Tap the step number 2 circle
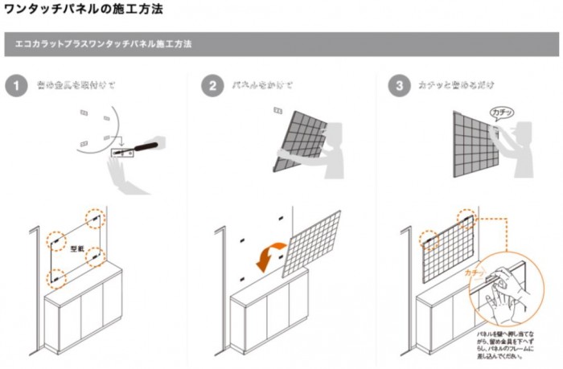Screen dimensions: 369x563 pyautogui.click(x=212, y=85)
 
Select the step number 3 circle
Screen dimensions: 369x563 pyautogui.click(x=398, y=85)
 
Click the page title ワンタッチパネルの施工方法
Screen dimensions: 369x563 pyautogui.click(x=84, y=10)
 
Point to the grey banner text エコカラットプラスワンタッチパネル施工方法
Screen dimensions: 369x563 pyautogui.click(x=104, y=43)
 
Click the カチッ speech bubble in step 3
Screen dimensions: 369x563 pyautogui.click(x=500, y=113)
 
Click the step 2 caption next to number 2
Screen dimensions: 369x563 pyautogui.click(x=262, y=85)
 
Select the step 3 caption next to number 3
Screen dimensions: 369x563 pyautogui.click(x=455, y=85)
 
